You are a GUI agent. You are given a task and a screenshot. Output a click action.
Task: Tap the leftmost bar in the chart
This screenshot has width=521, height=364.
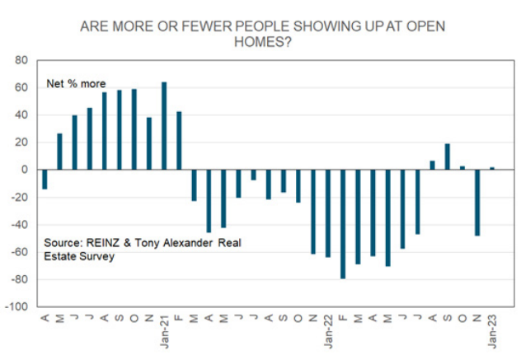(x=45, y=179)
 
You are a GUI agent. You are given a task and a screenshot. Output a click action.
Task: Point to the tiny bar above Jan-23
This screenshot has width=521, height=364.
(x=493, y=168)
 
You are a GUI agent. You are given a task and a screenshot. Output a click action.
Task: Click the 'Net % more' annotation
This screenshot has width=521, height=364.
(x=76, y=84)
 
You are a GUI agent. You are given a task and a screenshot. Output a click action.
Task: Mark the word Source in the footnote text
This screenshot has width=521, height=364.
(x=63, y=244)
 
